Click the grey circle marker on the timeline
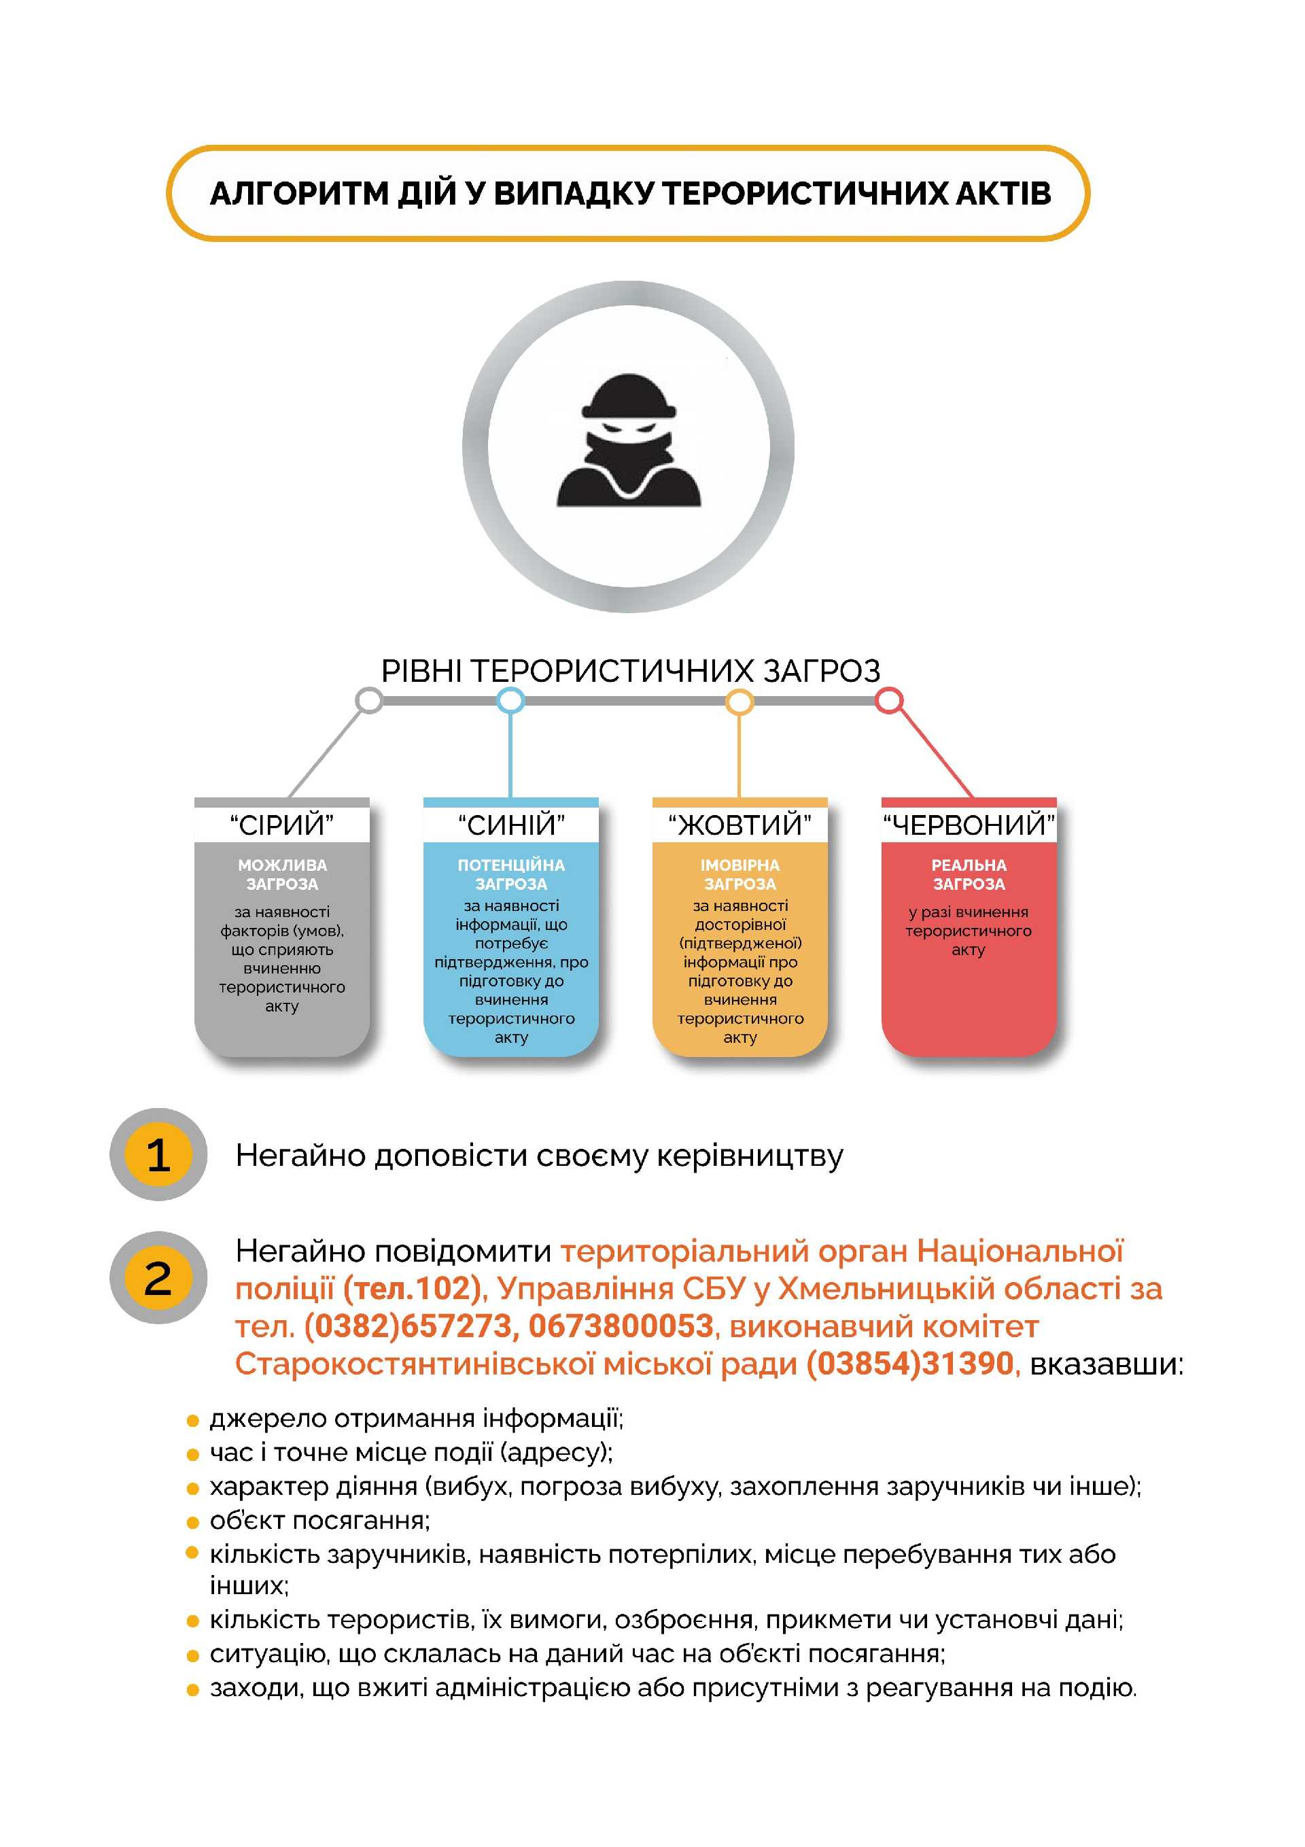pos(369,701)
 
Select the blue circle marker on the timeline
pos(510,701)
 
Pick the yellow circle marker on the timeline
pos(739,702)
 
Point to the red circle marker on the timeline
pos(888,701)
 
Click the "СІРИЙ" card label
pos(281,825)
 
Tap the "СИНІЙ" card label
pos(511,825)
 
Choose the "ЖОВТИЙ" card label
pos(739,825)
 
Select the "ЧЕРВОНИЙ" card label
pos(969,825)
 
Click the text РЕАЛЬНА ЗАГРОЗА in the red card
pos(969,874)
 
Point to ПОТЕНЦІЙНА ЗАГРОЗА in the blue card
pos(511,874)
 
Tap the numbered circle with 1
pos(158,1154)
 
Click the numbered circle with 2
pos(158,1278)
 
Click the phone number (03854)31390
pos(910,1364)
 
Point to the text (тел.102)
pos(412,1289)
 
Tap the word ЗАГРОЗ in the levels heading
pos(822,671)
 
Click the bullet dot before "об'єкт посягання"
pos(192,1522)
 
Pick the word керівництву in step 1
pos(750,1156)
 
